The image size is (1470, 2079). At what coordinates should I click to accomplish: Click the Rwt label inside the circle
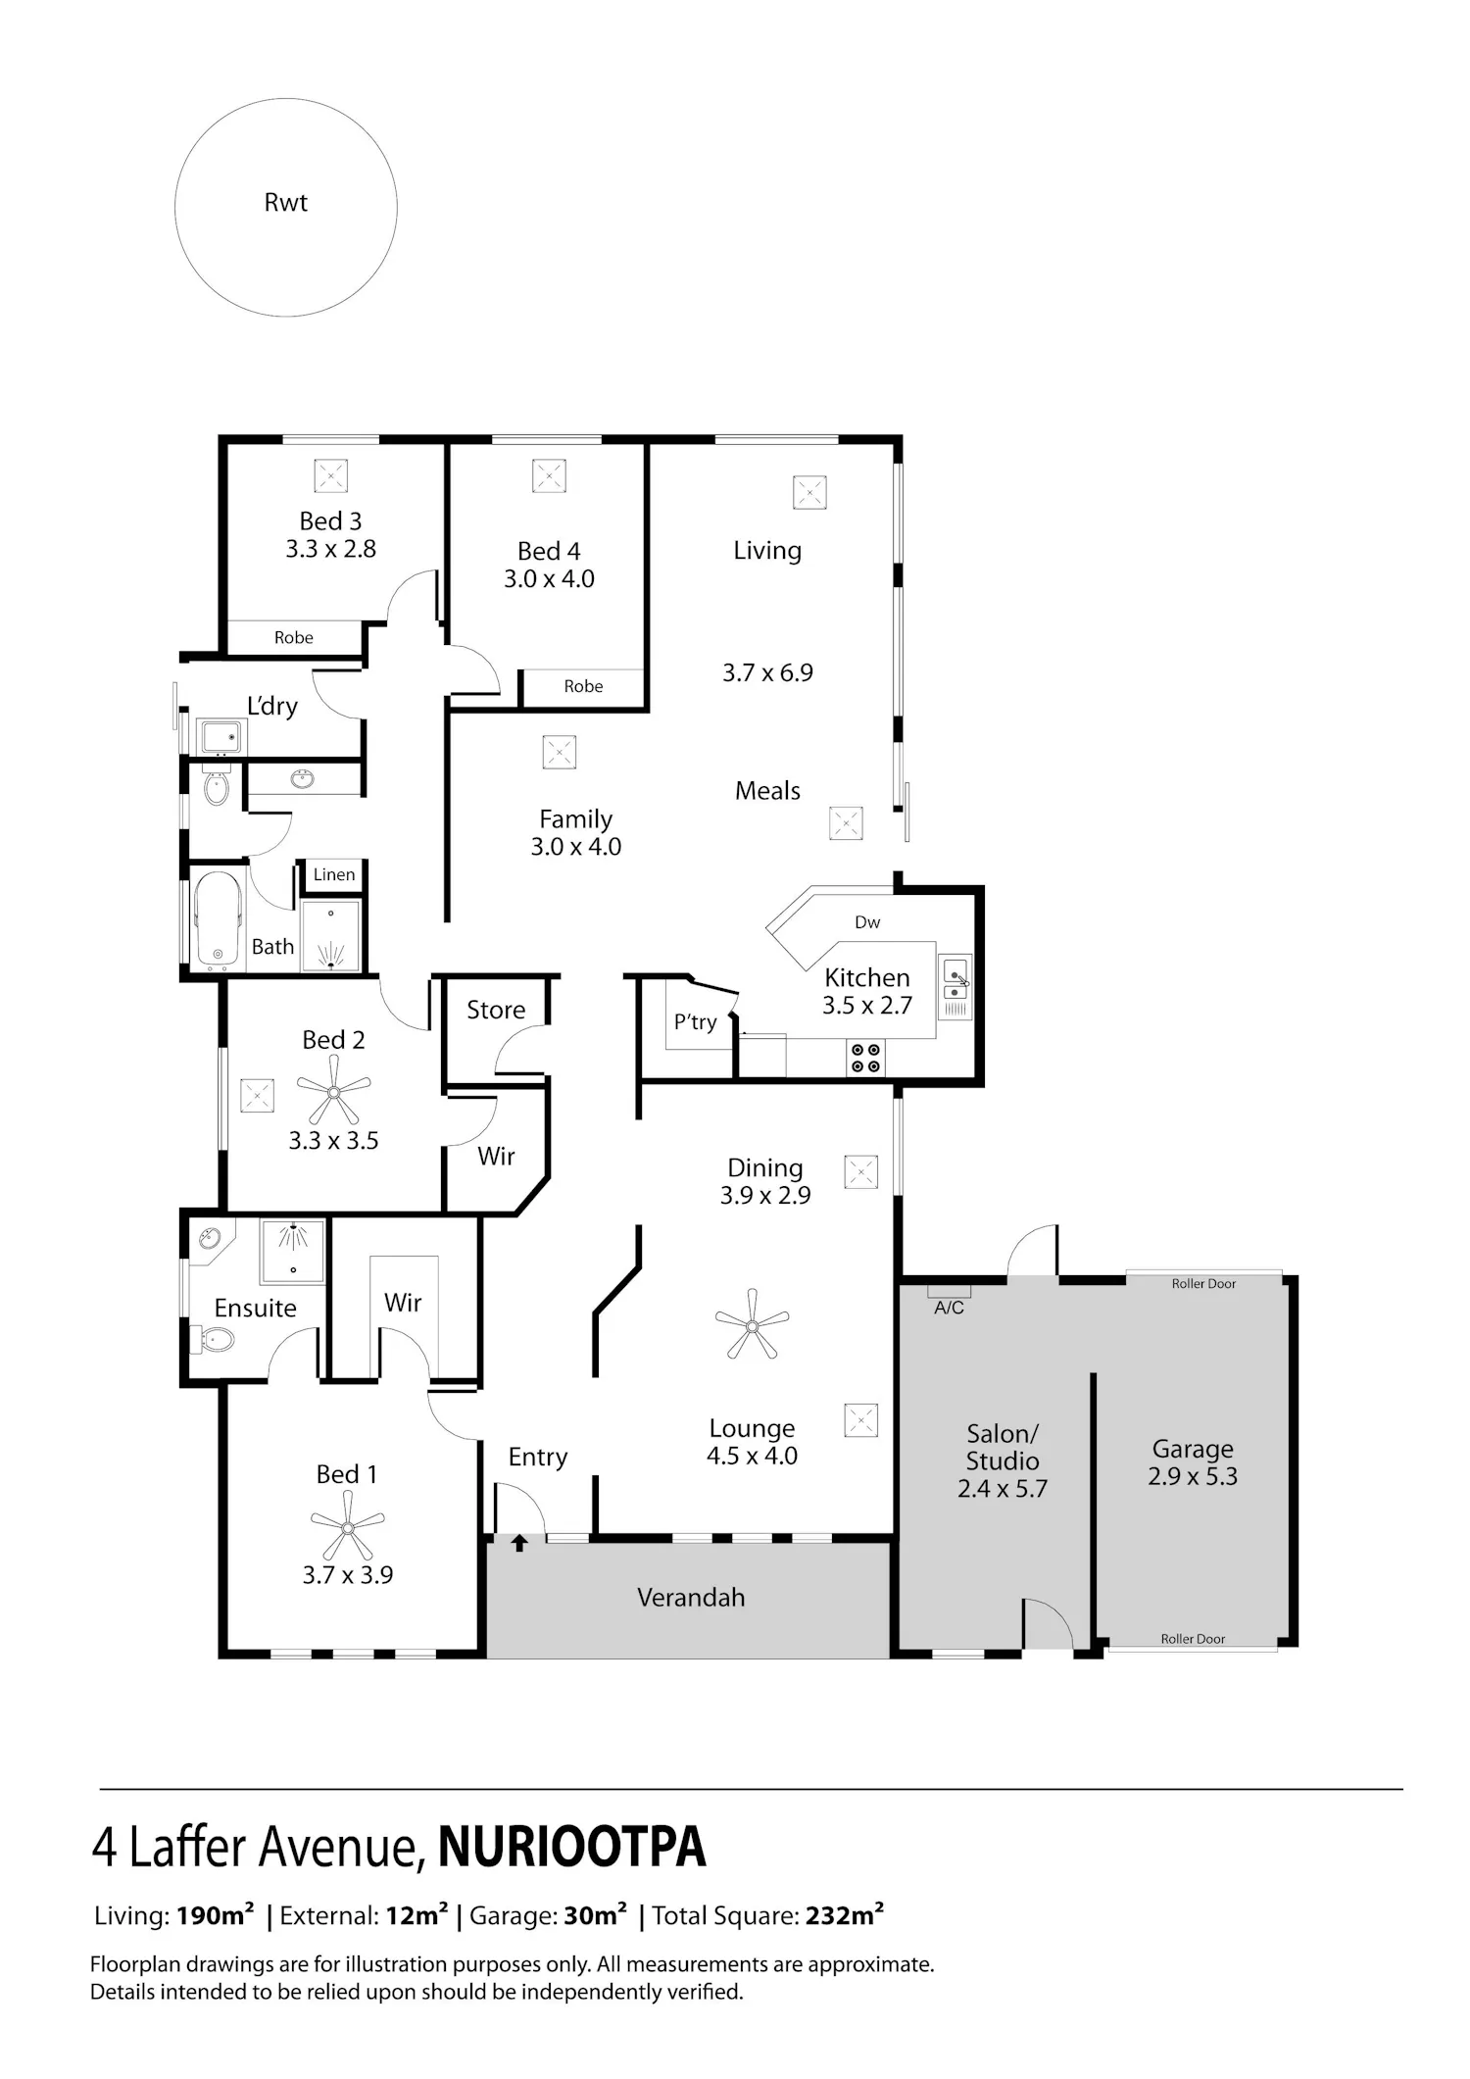(x=286, y=203)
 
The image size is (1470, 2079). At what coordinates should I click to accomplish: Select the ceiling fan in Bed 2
(x=333, y=1093)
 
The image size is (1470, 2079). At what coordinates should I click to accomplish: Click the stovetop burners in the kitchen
(x=865, y=1058)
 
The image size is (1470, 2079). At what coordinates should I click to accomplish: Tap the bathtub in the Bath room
(x=219, y=918)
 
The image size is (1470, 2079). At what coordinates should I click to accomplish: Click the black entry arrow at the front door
(x=519, y=1544)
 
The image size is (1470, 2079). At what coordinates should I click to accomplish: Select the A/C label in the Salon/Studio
(x=949, y=1308)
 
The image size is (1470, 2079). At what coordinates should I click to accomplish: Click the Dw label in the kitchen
(x=867, y=922)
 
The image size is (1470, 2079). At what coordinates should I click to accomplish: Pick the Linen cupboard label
(x=334, y=874)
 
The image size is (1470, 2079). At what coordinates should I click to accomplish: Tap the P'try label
(x=695, y=1022)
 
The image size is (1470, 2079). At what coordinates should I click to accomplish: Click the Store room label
(x=496, y=1010)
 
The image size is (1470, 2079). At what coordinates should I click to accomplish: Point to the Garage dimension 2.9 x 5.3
(x=1193, y=1476)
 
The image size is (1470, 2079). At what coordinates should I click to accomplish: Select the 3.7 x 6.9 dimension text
(x=767, y=672)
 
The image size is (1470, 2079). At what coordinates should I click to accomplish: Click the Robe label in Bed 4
(x=583, y=687)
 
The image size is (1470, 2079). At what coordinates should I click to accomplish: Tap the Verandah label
(x=691, y=1598)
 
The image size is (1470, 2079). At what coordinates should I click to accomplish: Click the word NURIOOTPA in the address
(x=571, y=1848)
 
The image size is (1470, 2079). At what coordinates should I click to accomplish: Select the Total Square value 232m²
(x=845, y=1916)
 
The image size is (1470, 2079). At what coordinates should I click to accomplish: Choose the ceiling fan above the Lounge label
(x=752, y=1324)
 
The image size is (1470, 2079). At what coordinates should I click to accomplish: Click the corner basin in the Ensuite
(x=210, y=1239)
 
